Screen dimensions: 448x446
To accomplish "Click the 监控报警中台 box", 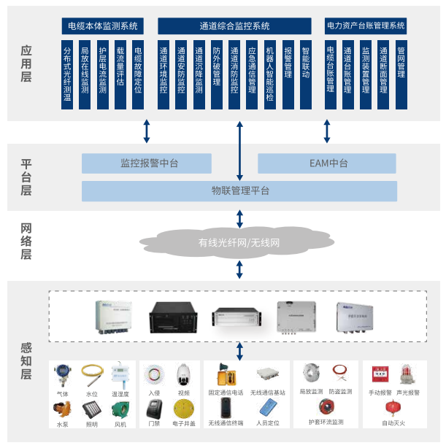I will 147,163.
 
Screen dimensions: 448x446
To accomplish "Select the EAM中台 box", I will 328,163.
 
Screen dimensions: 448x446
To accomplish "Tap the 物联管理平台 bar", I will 239,191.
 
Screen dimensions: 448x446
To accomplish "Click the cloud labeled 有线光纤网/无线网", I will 239,242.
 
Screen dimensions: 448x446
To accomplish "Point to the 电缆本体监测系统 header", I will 103,26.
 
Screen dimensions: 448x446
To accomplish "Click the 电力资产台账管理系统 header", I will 366,26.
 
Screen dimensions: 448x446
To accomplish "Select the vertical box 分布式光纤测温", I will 68,75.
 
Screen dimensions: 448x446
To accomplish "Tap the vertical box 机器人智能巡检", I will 269,75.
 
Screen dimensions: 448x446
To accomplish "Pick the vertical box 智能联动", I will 305,75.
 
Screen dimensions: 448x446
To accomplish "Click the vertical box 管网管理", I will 401,75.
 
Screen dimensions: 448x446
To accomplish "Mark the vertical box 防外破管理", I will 217,75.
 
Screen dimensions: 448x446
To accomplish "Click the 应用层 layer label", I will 26,64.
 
